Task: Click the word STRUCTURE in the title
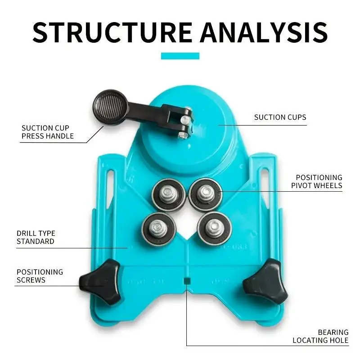(x=112, y=31)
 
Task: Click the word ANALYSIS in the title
(x=264, y=31)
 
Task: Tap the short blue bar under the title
(x=180, y=56)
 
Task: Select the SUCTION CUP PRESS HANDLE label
(x=48, y=132)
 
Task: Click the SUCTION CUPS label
(x=280, y=117)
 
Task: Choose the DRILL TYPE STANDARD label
(x=36, y=238)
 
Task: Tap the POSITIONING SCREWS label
(x=40, y=276)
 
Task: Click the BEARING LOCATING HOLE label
(x=320, y=336)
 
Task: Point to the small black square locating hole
(x=186, y=280)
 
